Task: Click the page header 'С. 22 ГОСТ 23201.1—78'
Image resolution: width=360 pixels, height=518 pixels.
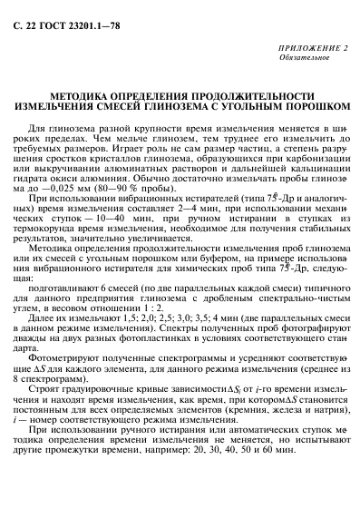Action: pos(55,13)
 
